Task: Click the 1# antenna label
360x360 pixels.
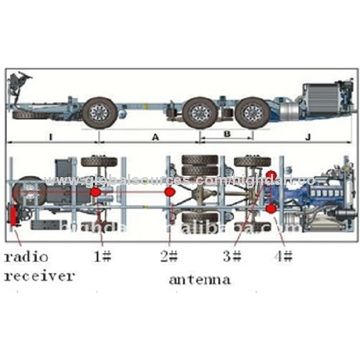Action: [x=101, y=257]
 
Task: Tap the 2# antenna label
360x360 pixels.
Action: [x=169, y=257]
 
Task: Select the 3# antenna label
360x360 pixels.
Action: [x=232, y=257]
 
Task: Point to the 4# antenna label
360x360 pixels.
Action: [x=283, y=257]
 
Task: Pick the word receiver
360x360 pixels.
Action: [x=39, y=275]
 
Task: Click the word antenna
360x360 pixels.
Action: [x=200, y=279]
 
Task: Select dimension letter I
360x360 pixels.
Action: [x=50, y=134]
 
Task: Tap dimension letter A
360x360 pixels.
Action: [x=153, y=134]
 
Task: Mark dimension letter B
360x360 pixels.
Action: [x=227, y=132]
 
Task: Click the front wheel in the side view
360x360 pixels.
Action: [x=99, y=112]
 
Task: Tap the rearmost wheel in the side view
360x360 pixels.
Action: [x=253, y=112]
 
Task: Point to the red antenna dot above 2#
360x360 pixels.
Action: [x=169, y=190]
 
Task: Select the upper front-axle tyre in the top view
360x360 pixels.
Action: [x=99, y=161]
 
